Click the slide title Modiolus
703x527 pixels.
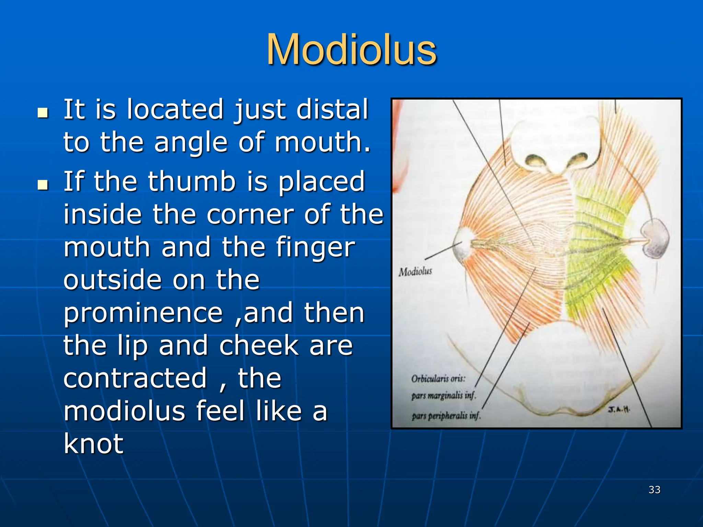click(351, 50)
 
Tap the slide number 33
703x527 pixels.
click(654, 490)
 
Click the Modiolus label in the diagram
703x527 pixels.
click(415, 272)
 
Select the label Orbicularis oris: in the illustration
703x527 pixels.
click(438, 378)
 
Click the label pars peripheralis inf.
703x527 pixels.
click(446, 416)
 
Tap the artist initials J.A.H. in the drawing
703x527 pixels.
click(619, 409)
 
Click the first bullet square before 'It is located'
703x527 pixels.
click(43, 113)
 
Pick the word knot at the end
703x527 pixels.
click(93, 444)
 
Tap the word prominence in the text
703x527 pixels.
click(143, 313)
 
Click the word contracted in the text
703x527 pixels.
click(136, 378)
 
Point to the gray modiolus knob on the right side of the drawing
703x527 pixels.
click(655, 239)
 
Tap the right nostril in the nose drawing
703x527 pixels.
click(579, 159)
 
